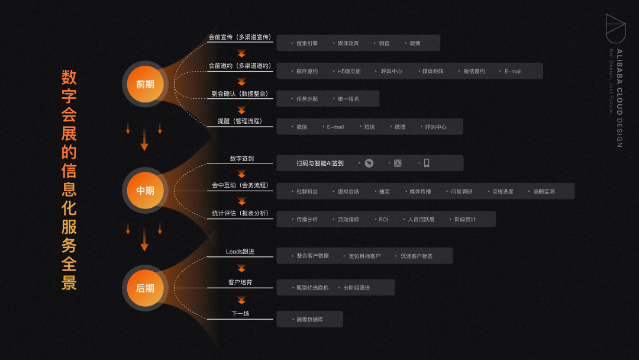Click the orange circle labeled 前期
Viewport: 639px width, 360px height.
145,84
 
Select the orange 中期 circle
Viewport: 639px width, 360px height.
145,191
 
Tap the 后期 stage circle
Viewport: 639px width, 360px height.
145,288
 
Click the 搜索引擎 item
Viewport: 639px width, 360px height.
307,43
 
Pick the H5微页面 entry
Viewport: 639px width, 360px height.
349,71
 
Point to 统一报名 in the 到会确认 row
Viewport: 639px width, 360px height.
348,99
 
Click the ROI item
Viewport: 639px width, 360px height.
383,219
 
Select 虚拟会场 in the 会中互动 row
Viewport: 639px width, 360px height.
348,191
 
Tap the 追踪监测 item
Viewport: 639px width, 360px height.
544,191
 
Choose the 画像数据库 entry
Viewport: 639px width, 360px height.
310,320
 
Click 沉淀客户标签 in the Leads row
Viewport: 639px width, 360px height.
417,256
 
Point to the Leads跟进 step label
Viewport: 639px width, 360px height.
240,252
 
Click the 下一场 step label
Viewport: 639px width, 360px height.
240,313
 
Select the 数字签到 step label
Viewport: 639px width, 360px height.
241,159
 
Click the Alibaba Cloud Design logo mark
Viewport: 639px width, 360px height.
615,28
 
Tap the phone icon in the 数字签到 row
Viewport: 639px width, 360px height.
426,163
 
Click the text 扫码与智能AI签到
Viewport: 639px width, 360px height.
320,163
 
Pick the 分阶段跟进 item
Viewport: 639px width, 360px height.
357,288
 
